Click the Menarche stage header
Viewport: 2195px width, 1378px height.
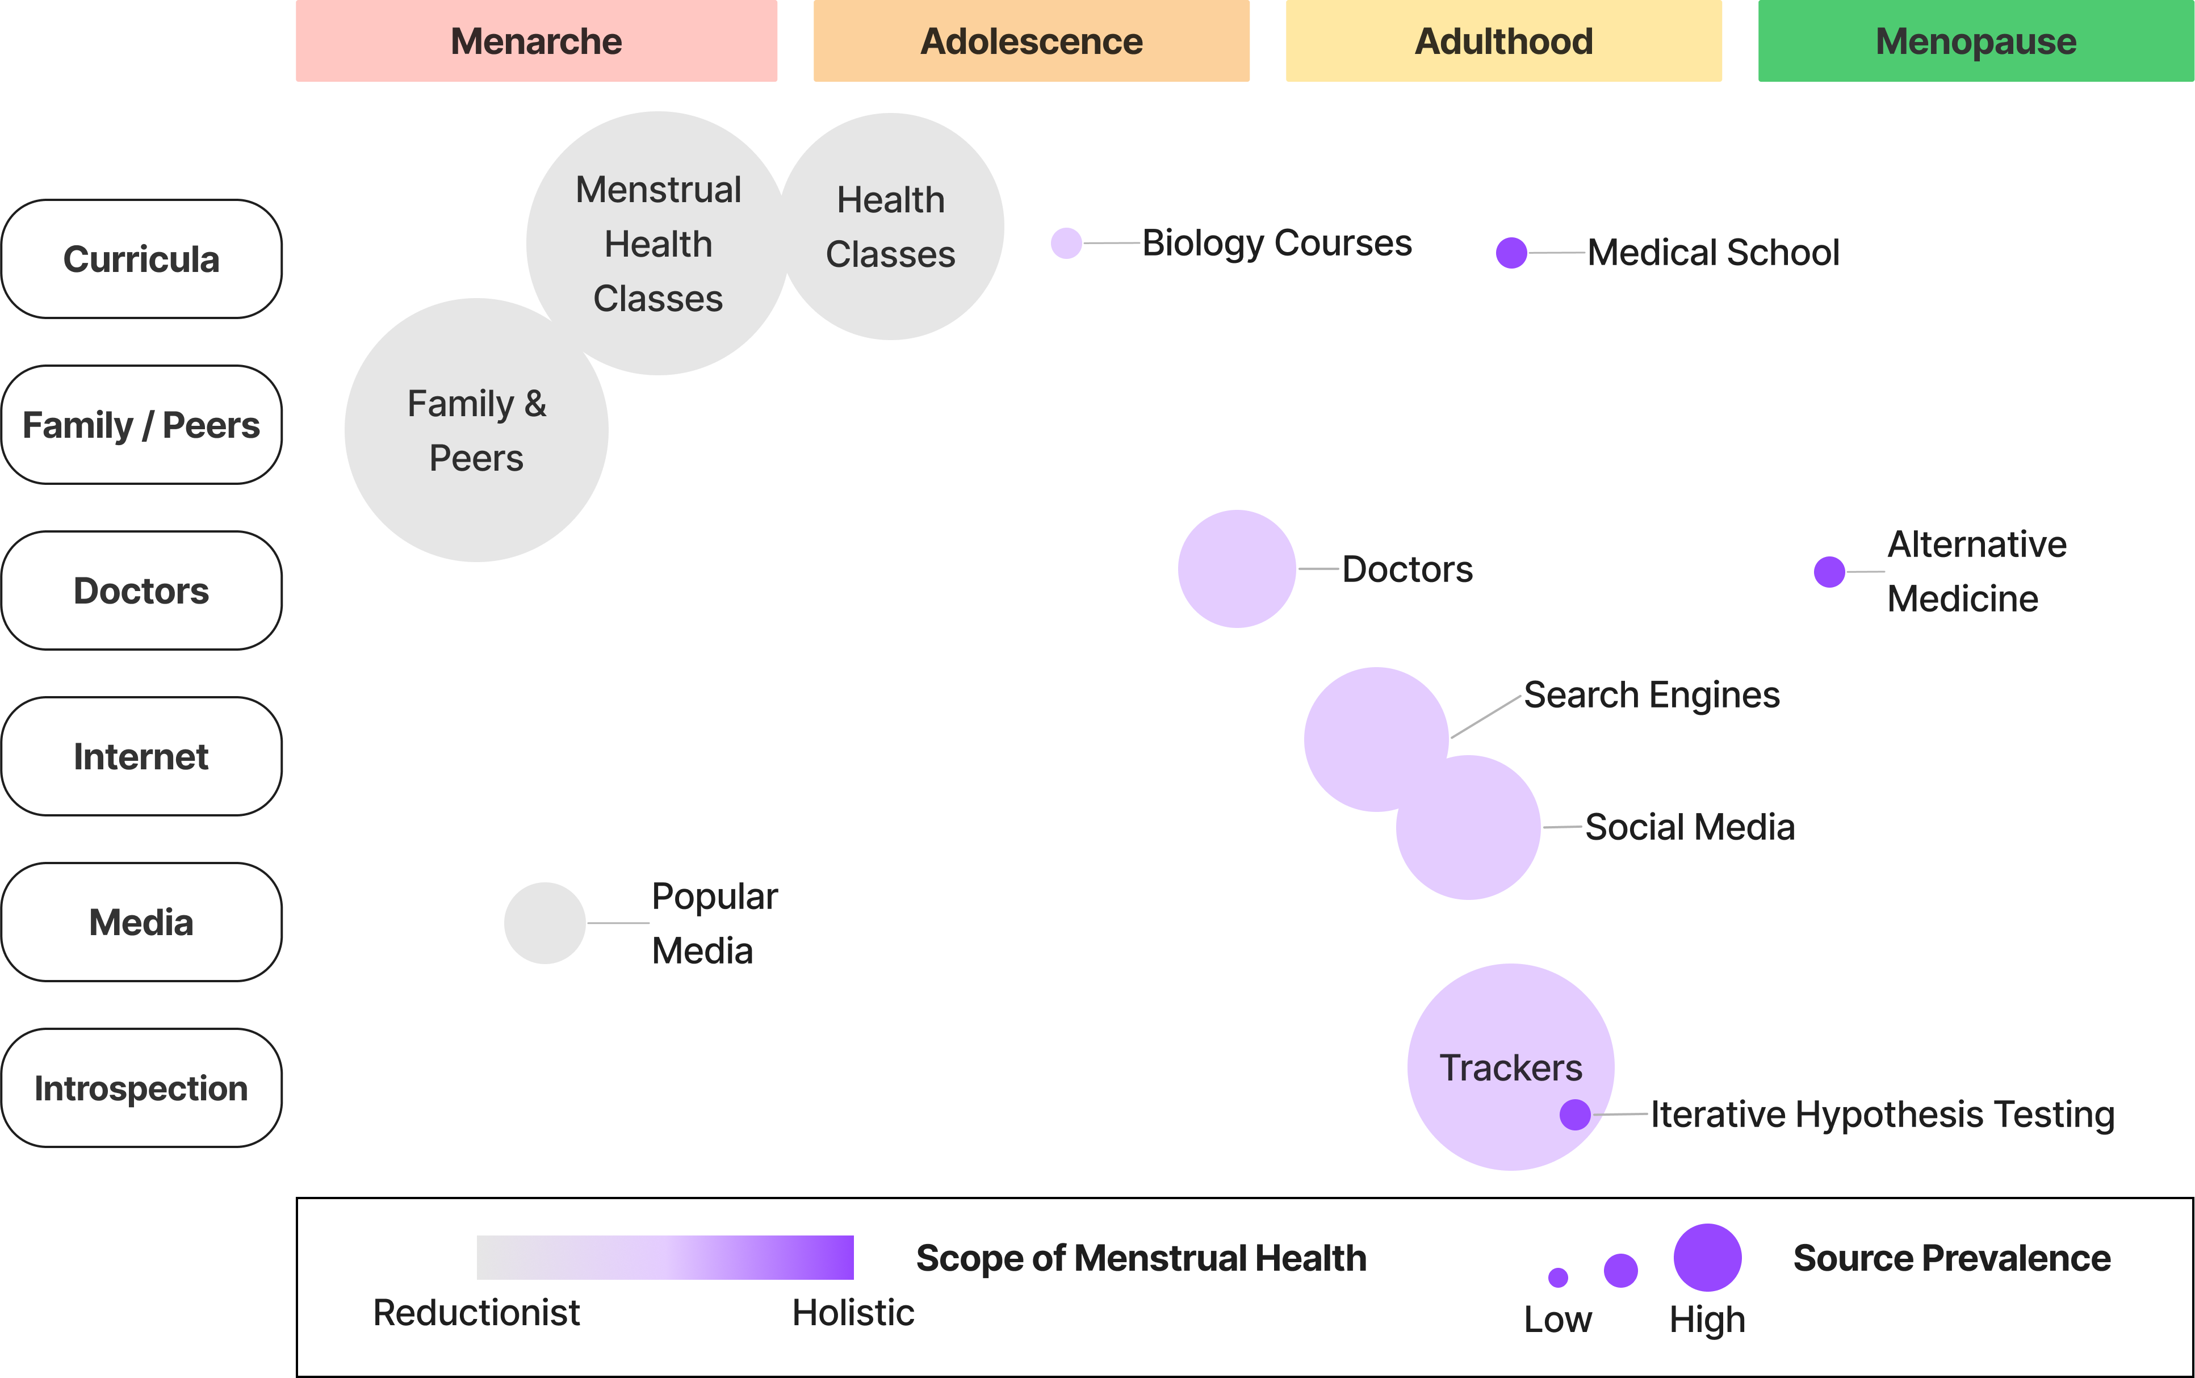[536, 41]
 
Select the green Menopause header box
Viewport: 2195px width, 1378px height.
[1975, 41]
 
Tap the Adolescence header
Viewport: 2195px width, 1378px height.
[1032, 41]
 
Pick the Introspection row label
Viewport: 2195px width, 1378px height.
[141, 1088]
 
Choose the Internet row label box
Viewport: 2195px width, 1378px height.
[141, 756]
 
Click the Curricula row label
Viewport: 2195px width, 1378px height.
[141, 259]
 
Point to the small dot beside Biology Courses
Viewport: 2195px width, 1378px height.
[1066, 244]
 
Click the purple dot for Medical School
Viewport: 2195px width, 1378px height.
[1511, 253]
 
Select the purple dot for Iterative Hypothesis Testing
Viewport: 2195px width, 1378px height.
[1576, 1115]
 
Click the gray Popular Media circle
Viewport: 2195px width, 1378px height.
[545, 923]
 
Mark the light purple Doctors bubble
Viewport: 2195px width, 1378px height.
[1237, 569]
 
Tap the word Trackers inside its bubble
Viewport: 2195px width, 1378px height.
[1511, 1068]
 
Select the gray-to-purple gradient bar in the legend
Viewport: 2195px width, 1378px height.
[665, 1258]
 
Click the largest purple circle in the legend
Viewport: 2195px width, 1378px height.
[1707, 1258]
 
